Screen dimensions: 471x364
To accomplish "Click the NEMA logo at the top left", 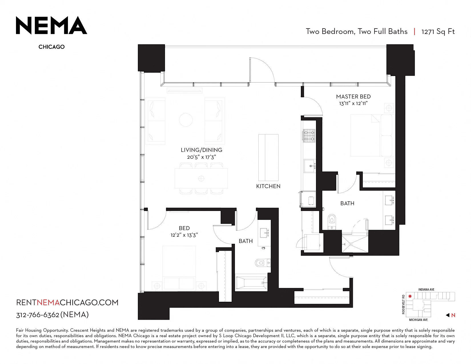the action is tap(51, 25).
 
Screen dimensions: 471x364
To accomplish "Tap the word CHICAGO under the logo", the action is tap(51, 47).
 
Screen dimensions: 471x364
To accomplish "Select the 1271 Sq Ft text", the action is tap(438, 32).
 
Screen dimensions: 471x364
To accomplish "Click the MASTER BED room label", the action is tap(353, 96).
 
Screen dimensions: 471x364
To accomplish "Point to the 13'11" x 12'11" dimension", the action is tap(353, 103).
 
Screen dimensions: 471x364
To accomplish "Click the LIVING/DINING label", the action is tap(202, 150).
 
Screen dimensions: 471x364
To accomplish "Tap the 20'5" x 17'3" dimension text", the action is tap(202, 157).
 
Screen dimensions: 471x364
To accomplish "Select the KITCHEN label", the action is tap(268, 186).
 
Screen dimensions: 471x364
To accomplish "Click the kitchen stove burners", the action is tap(309, 136).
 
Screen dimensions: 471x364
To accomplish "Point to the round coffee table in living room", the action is tap(186, 120).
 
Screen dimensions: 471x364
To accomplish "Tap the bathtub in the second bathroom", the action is tap(251, 283).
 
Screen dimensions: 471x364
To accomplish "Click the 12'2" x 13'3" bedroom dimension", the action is tap(184, 235).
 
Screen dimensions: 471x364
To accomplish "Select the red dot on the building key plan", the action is tap(410, 296).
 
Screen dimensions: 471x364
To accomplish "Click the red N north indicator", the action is tap(453, 315).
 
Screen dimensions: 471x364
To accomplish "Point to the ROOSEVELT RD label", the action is tap(403, 304).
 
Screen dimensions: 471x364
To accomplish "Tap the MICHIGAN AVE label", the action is tap(418, 320).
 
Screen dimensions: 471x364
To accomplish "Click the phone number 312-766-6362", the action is tap(38, 315).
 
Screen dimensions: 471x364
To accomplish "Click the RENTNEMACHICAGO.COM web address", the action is tap(67, 302).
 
